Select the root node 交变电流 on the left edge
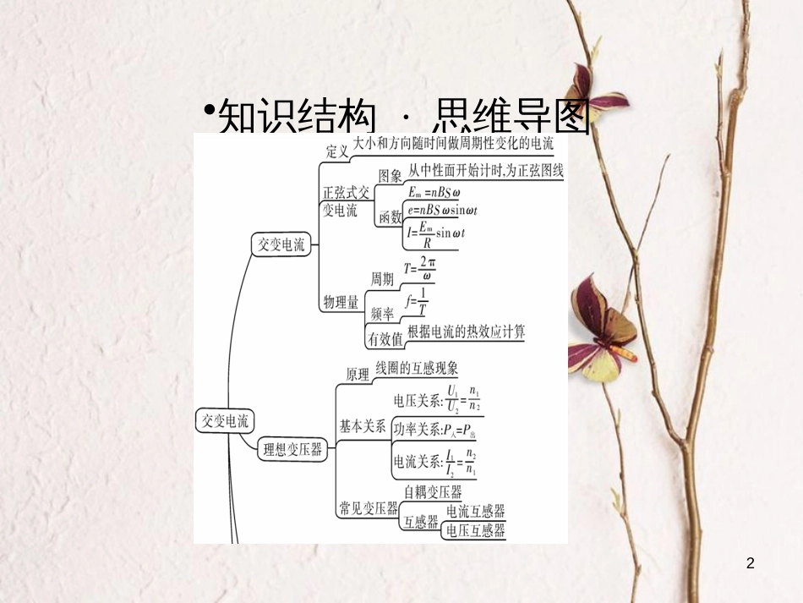[x=222, y=419]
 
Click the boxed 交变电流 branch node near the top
[x=281, y=245]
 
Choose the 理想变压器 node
[x=292, y=450]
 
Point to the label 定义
[x=338, y=151]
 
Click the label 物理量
[x=341, y=302]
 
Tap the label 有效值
[x=384, y=338]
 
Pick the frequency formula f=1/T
[x=417, y=302]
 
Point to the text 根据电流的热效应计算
[x=466, y=332]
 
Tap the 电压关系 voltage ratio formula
[x=436, y=398]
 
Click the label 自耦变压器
[x=432, y=491]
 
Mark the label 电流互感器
[x=475, y=511]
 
